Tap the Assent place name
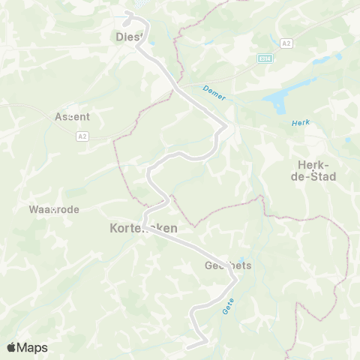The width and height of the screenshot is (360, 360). click(x=73, y=117)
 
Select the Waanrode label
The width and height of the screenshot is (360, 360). click(x=53, y=209)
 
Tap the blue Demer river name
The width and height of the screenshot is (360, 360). click(x=214, y=93)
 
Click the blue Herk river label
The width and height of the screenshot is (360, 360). click(x=299, y=122)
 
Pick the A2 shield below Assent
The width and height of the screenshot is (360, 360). click(x=82, y=136)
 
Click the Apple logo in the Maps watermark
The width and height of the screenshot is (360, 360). click(x=12, y=347)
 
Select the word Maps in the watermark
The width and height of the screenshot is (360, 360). click(x=32, y=347)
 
